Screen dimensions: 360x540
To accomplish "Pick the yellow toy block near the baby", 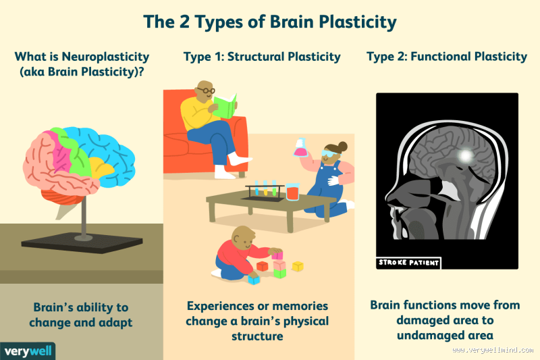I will click(x=297, y=266).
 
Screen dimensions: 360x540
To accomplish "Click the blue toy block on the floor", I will click(x=253, y=278).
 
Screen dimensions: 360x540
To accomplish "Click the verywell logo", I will click(x=28, y=351).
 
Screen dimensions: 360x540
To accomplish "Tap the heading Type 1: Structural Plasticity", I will click(x=262, y=57).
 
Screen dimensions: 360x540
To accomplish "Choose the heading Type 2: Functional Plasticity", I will click(x=446, y=57).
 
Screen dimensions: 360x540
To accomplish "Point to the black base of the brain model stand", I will click(x=82, y=242).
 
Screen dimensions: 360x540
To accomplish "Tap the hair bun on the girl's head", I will click(x=342, y=146).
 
